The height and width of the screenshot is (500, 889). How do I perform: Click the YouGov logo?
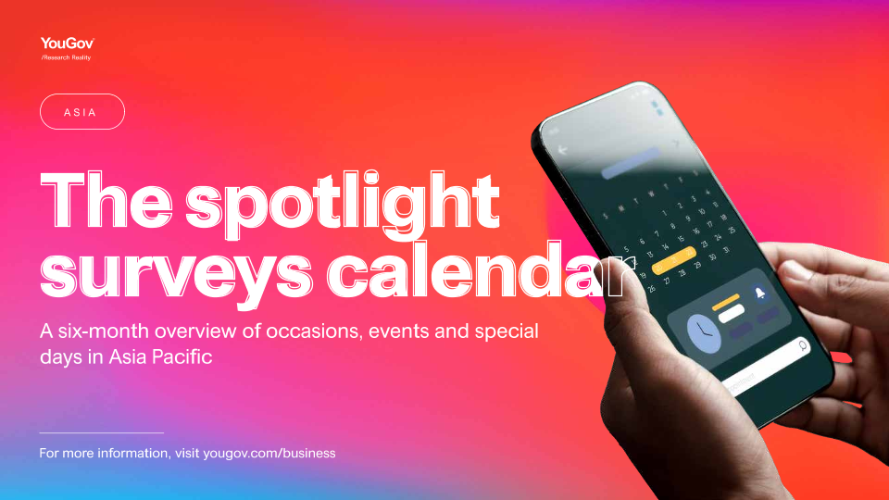click(68, 44)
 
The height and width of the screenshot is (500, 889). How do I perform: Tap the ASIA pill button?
click(82, 112)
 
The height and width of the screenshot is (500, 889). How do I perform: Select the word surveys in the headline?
click(176, 276)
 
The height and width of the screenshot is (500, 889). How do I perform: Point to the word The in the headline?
click(106, 200)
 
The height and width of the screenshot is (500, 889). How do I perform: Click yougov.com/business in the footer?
click(269, 454)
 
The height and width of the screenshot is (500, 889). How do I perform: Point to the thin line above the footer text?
click(102, 432)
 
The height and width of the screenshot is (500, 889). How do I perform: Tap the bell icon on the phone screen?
click(759, 292)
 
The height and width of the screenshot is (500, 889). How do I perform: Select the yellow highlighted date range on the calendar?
click(674, 260)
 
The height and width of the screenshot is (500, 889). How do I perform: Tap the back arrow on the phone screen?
click(562, 150)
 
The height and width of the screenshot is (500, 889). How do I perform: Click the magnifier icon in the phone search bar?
click(803, 345)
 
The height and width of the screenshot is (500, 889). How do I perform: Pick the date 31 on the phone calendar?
click(727, 250)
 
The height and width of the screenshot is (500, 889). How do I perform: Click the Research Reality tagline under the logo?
click(66, 57)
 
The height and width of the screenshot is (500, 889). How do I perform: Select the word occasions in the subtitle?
click(314, 331)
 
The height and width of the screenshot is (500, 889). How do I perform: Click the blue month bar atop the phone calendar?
click(631, 163)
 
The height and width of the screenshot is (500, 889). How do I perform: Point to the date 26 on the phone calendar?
click(652, 289)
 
